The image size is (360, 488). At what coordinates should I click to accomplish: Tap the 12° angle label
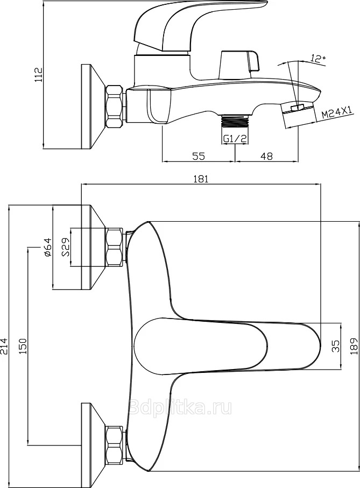(x=317, y=59)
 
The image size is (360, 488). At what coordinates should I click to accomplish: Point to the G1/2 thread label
(x=235, y=139)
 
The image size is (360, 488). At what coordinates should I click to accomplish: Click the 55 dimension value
(x=198, y=155)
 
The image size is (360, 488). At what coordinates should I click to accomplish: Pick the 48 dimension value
(x=266, y=155)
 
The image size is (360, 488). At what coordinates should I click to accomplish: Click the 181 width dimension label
(x=201, y=179)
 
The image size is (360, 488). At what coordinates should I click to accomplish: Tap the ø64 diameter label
(x=47, y=247)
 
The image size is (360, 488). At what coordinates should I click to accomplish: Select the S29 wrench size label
(x=65, y=247)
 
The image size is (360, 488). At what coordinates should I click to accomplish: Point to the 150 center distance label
(x=23, y=346)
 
